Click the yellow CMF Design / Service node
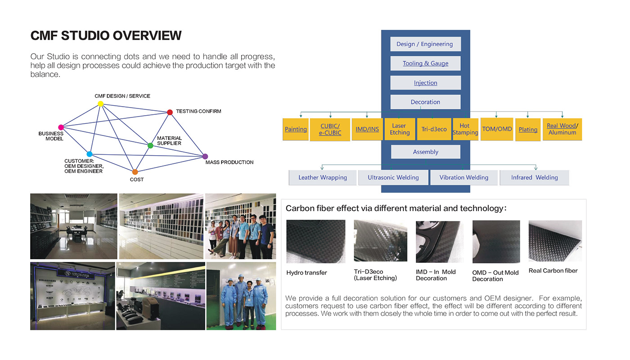100,104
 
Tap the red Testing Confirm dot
170,112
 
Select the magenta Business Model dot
61,127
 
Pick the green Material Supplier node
150,145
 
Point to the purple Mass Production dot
205,157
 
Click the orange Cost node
135,172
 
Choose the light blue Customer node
89,154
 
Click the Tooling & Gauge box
425,63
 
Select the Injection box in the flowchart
425,83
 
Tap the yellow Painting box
296,129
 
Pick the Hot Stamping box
465,129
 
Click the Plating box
528,130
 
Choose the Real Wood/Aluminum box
562,129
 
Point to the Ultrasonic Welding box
393,178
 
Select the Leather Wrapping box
323,178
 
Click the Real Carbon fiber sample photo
555,241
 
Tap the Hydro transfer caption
306,273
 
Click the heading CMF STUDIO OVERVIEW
106,36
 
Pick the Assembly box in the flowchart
425,152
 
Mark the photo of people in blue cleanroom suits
241,296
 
